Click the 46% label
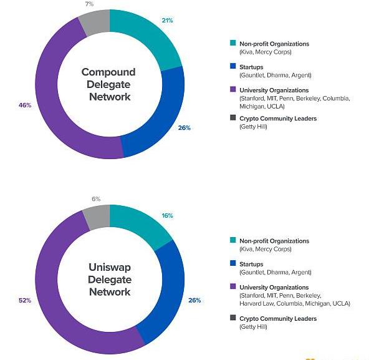[x=25, y=105]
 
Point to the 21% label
[x=167, y=21]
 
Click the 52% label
[x=25, y=300]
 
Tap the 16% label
[x=167, y=215]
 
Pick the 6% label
[x=96, y=199]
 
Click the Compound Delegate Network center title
[x=109, y=84]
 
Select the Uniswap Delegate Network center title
[x=109, y=280]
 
